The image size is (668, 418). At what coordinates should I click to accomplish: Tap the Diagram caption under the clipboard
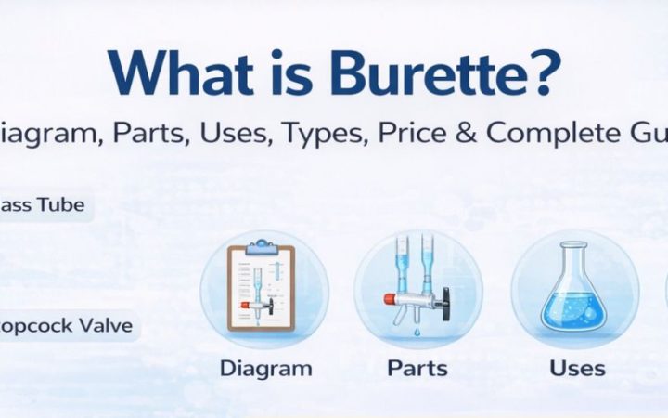[265, 368]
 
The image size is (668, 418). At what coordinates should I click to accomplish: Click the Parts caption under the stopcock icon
[417, 368]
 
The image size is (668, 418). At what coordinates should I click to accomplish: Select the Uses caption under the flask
[577, 368]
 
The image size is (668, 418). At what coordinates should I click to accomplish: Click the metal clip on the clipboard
[262, 248]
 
